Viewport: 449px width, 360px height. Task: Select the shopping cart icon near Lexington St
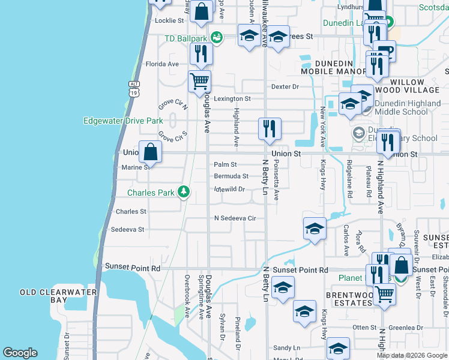199,81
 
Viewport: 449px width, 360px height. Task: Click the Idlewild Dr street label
230,189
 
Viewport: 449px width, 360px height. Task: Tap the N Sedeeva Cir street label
235,218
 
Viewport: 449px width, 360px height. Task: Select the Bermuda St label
231,176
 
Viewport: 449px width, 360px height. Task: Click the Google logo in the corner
20,353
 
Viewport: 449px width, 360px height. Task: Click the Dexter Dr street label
285,86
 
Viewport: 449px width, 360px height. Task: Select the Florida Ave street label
162,64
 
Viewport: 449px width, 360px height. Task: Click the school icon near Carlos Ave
315,229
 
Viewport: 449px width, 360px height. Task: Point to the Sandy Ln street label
286,348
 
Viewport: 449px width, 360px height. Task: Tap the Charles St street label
131,212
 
